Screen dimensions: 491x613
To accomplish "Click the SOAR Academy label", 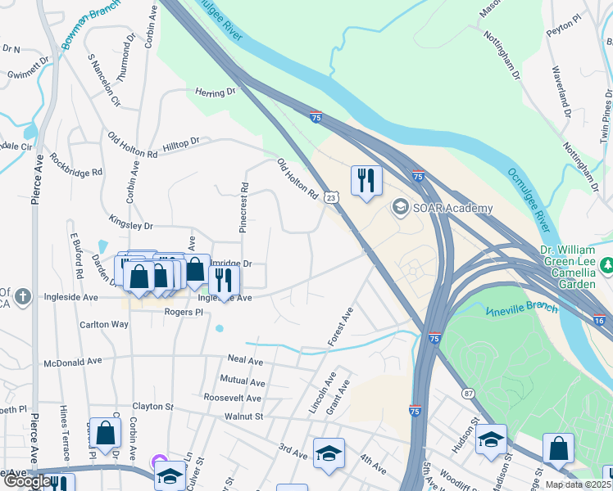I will [454, 208].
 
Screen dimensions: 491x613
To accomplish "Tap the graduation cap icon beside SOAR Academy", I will [401, 207].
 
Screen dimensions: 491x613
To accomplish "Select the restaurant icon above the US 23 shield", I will [366, 180].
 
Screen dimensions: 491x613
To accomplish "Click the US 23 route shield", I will [330, 197].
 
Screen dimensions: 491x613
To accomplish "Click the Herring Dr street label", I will [216, 93].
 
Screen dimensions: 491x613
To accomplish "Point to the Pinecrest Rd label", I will [243, 208].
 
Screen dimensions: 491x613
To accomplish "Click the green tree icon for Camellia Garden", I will [606, 264].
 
